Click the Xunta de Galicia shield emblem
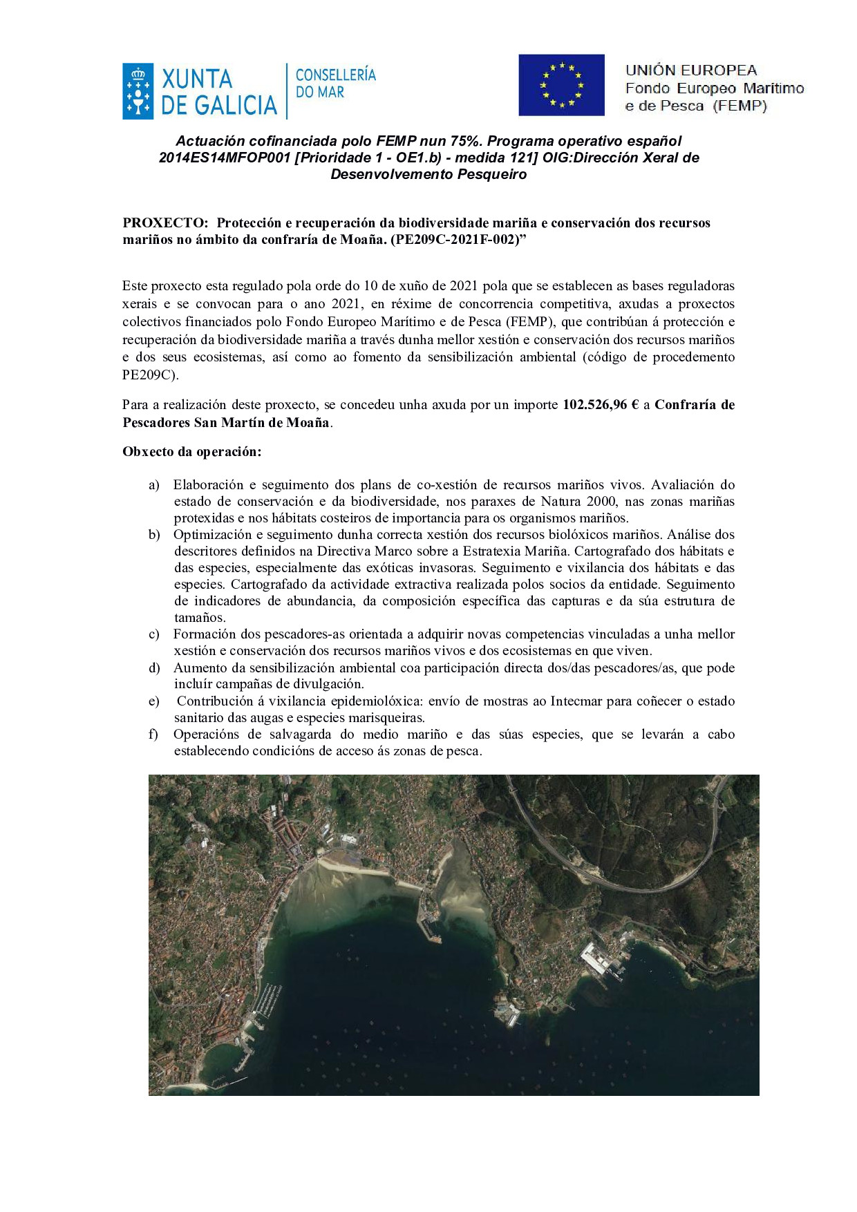pos(138,92)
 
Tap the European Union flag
pos(561,85)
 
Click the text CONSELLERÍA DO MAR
pos(335,83)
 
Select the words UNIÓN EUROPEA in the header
pos(690,70)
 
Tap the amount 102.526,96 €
pos(600,404)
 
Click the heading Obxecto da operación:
pos(192,451)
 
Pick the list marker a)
pos(154,484)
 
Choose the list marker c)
pos(154,634)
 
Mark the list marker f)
pos(153,734)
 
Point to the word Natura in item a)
pos(561,501)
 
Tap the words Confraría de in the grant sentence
pos(694,404)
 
